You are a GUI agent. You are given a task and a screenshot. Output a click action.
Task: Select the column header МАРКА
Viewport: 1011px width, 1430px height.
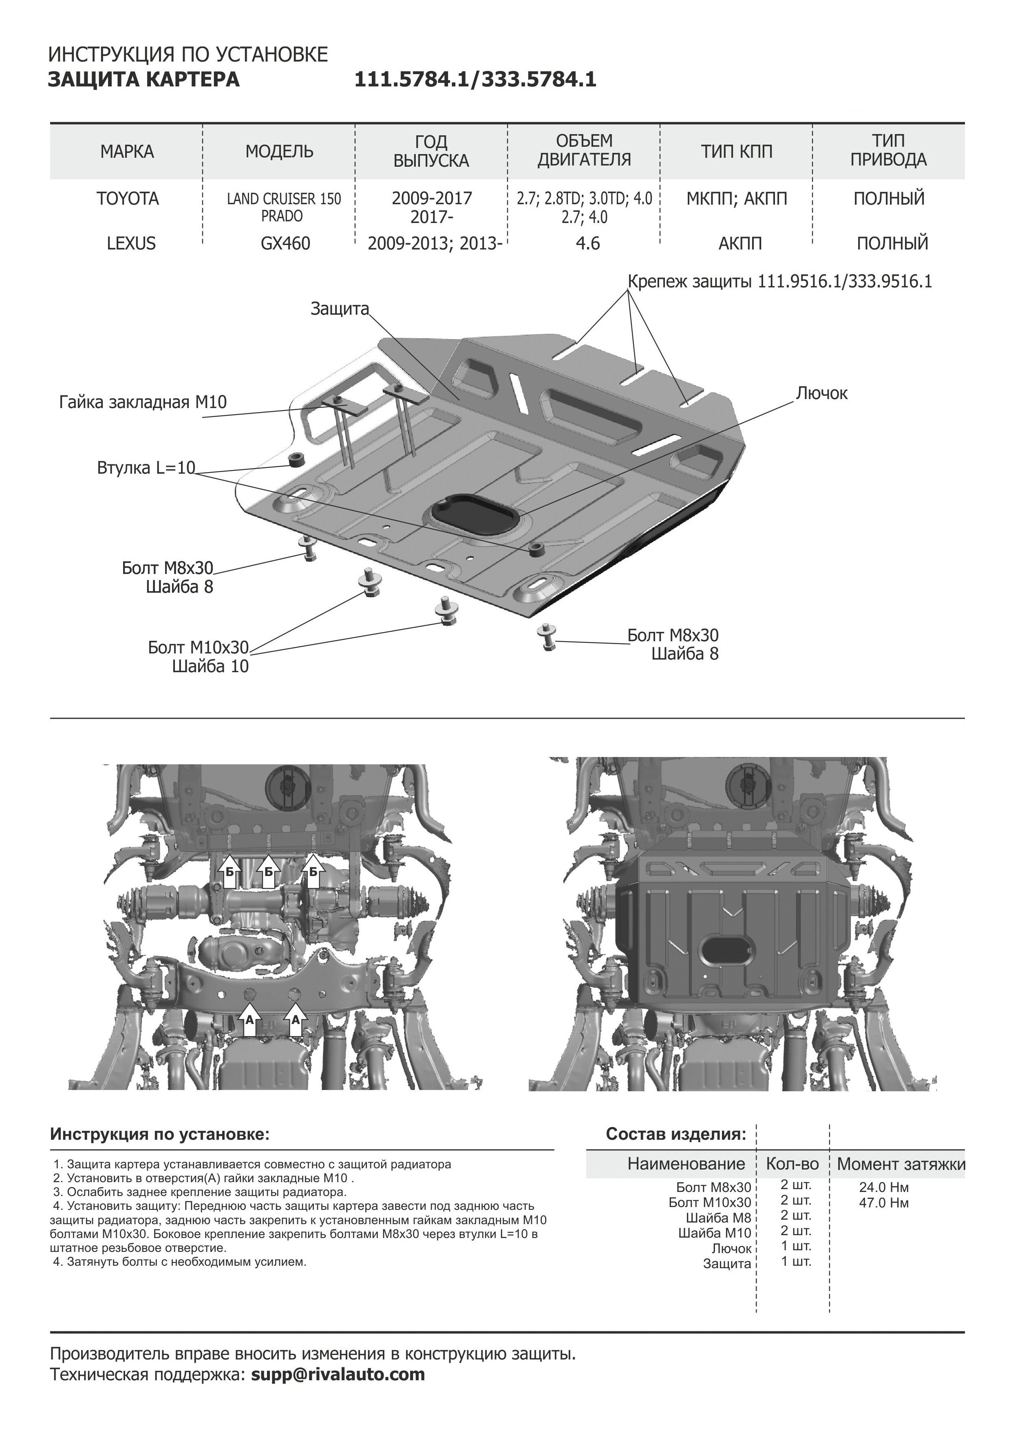point(127,151)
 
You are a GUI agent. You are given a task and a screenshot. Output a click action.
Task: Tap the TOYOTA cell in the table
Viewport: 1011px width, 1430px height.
point(127,199)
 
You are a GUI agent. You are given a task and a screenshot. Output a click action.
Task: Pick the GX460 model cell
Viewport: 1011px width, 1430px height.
point(285,243)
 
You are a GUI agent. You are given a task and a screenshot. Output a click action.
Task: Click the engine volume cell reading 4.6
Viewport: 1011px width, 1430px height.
point(587,243)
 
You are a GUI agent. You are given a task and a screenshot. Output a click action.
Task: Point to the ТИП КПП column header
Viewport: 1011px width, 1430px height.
point(736,151)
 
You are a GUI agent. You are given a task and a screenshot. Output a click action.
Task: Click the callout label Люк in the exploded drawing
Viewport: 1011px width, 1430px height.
point(821,394)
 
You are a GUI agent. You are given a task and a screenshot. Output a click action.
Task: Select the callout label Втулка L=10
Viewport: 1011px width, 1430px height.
point(146,468)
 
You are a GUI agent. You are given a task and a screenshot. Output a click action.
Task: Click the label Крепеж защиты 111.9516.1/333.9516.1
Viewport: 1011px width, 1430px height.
point(779,282)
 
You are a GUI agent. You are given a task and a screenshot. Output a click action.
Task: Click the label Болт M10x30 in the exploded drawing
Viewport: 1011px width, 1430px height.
point(198,648)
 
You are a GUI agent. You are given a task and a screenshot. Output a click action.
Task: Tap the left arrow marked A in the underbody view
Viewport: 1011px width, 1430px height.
point(249,1019)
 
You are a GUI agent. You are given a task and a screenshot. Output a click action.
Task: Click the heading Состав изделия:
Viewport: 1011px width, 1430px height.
point(675,1134)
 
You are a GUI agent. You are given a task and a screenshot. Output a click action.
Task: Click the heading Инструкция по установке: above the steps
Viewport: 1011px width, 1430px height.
point(159,1134)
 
